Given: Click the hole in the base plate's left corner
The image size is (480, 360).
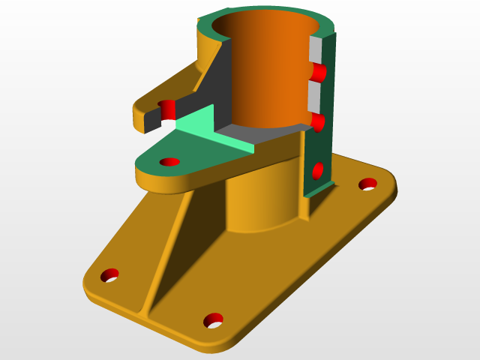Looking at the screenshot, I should click(x=110, y=275).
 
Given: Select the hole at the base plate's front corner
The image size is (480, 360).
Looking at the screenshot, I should click(x=213, y=320).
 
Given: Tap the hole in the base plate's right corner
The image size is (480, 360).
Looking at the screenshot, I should click(x=367, y=184).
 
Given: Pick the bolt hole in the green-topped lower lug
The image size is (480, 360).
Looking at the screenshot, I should click(x=170, y=161).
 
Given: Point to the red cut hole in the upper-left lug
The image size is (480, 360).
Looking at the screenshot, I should click(x=166, y=108).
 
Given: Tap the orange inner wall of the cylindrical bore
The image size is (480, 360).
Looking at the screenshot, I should click(x=277, y=75).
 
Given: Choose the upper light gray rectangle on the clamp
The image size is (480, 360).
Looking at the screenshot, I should click(x=316, y=49).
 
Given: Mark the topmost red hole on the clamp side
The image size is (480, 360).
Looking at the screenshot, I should click(x=319, y=73).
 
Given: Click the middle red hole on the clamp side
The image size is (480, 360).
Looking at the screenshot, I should click(x=318, y=122).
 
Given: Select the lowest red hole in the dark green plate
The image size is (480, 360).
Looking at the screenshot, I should click(x=317, y=170).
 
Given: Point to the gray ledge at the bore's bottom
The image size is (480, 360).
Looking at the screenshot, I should click(x=255, y=134).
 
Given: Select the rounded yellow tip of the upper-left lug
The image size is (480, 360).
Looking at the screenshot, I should click(x=139, y=118).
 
